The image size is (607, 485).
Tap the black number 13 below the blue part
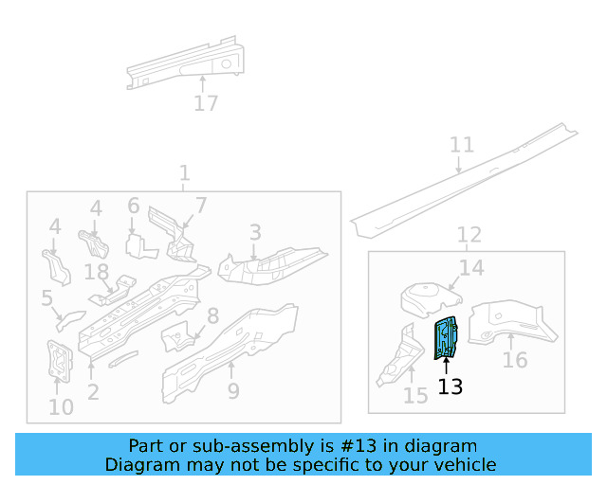point(450,386)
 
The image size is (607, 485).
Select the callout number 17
point(206,103)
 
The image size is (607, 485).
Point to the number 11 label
point(461,145)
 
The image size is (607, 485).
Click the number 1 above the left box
point(184,173)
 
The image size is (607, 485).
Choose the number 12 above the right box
point(469,234)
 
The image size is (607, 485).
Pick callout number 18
point(97,273)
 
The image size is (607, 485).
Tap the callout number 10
point(61,407)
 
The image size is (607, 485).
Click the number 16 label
point(514,361)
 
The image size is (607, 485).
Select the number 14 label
point(471,268)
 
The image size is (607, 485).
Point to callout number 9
point(233,390)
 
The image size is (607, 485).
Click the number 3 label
point(255,232)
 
